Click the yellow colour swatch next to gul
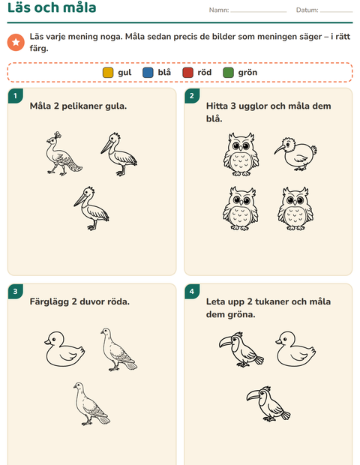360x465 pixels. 108,73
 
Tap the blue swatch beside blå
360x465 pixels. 148,73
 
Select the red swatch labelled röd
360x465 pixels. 187,73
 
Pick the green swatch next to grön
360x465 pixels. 228,73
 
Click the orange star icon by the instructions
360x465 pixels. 16,42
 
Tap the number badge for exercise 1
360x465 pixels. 16,96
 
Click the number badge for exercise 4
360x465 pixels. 192,292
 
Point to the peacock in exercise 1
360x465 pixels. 64,154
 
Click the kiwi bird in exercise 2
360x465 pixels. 295,154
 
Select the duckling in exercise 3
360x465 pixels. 64,349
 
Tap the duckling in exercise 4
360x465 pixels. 295,349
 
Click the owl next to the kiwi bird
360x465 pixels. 241,154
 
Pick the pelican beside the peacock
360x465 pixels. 119,154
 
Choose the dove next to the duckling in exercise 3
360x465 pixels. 118,349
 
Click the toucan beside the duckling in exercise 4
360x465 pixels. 241,349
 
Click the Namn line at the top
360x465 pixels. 259,12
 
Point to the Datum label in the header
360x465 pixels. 307,10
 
